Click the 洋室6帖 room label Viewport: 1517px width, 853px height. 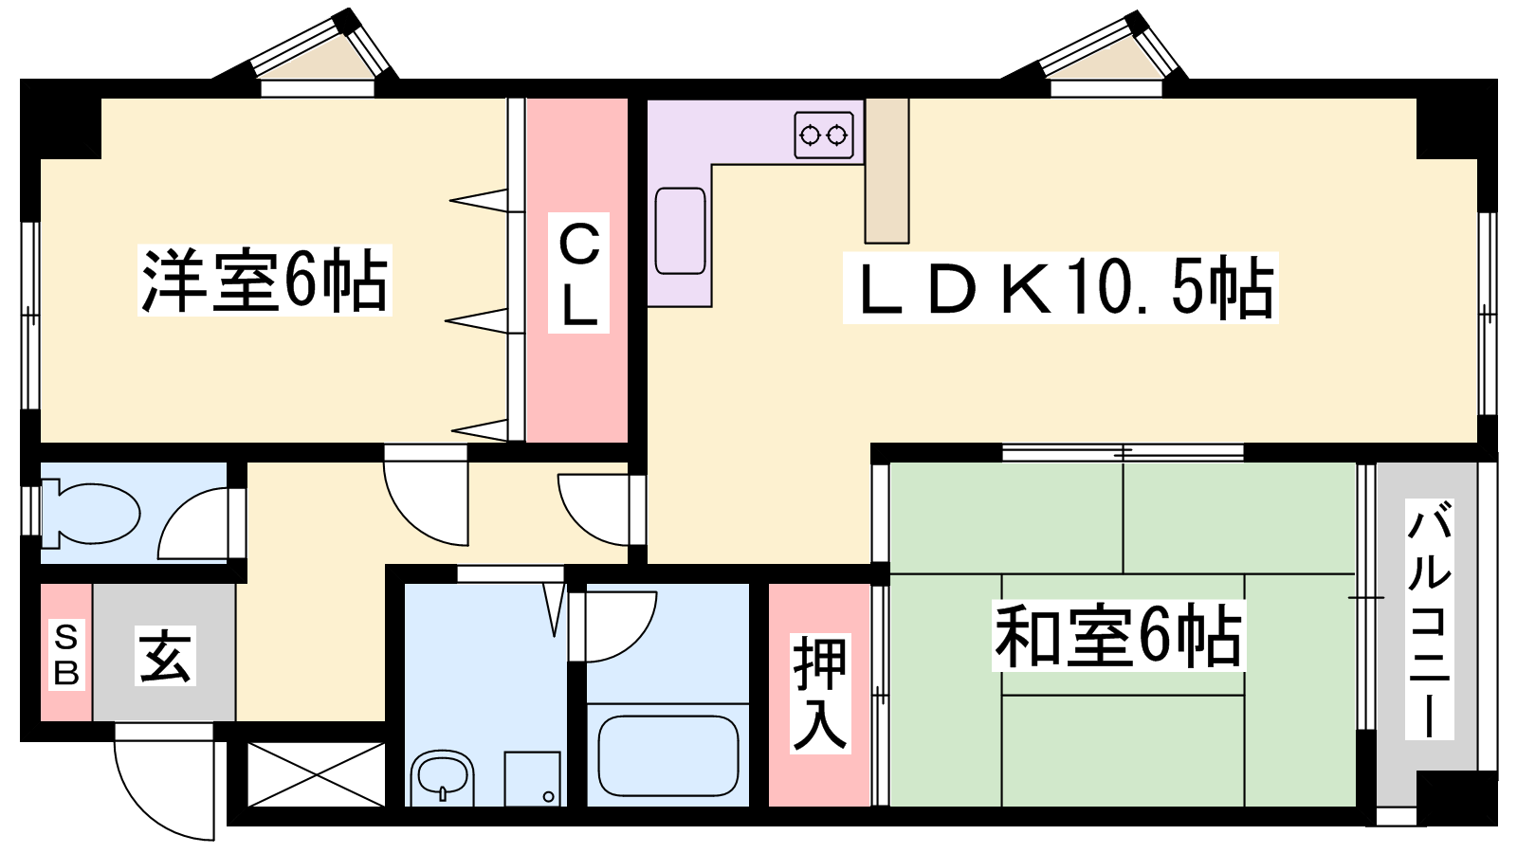265,281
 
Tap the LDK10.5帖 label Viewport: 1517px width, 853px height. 1061,288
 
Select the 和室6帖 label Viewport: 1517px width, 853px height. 1118,636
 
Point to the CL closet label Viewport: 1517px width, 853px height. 578,273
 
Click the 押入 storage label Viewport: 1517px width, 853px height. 820,694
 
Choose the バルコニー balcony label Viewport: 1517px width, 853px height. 1429,619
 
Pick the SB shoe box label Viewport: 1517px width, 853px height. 66,655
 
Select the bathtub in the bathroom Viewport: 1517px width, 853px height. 667,755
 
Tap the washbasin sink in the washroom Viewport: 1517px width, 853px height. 441,776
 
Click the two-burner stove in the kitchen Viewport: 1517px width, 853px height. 824,136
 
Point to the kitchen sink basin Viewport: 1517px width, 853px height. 680,231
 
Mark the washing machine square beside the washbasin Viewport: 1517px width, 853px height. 532,778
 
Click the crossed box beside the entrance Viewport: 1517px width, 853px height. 317,774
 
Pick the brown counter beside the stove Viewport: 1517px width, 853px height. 886,171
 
